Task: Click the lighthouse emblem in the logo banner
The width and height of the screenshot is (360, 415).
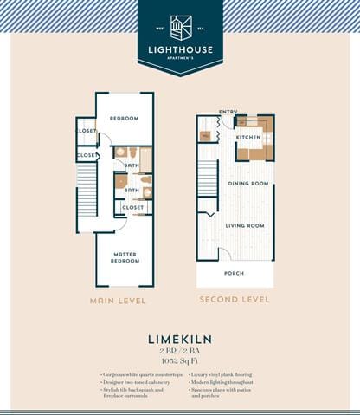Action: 180,27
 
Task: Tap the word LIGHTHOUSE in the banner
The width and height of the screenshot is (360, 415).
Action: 180,49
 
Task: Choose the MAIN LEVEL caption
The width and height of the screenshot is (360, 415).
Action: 118,301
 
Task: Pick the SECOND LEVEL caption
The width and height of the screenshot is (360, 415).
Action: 235,301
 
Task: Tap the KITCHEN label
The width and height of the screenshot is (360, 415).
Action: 248,137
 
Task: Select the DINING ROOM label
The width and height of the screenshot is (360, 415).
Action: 248,184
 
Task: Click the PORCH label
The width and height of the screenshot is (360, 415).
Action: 235,273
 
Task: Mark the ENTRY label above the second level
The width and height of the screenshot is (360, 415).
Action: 228,112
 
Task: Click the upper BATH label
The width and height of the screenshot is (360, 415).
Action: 132,165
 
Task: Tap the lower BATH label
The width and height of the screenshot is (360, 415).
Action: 132,191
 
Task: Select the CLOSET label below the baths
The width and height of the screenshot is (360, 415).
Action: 132,208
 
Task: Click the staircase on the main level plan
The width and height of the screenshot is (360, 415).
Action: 87,191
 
